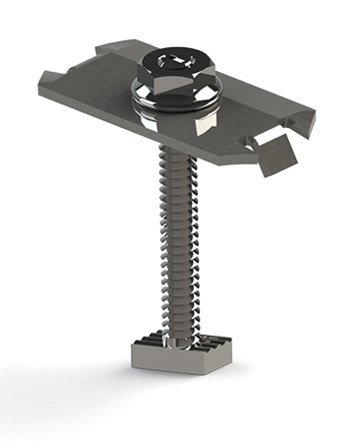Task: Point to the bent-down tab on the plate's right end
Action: coord(278,156)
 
